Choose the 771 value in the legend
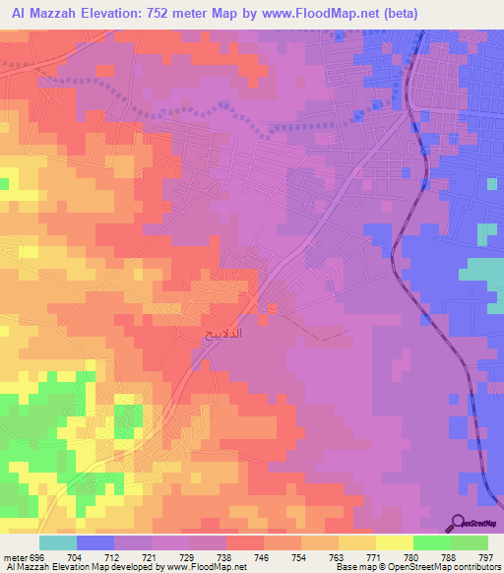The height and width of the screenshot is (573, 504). pyautogui.click(x=345, y=557)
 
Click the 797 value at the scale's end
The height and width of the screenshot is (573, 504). pyautogui.click(x=485, y=557)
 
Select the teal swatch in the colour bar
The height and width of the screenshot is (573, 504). pyautogui.click(x=57, y=542)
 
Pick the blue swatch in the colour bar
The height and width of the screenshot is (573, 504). pyautogui.click(x=94, y=542)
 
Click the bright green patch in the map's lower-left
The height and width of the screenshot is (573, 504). pyautogui.click(x=125, y=421)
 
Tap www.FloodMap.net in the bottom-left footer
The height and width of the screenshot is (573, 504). pyautogui.click(x=206, y=568)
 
